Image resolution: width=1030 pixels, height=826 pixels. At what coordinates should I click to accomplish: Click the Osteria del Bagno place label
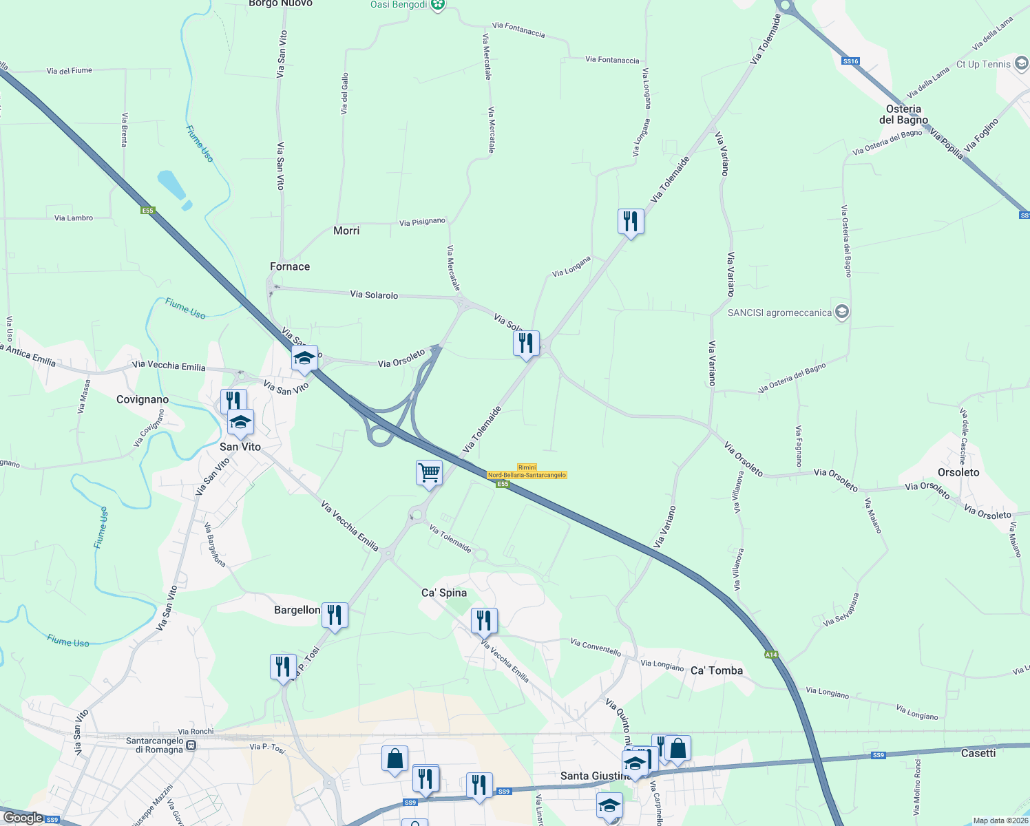click(903, 114)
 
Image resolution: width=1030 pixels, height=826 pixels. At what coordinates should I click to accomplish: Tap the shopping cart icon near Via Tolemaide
click(429, 472)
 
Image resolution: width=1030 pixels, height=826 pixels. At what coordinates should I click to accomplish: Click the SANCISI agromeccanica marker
click(841, 313)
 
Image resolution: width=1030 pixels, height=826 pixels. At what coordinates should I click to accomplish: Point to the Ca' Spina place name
click(444, 593)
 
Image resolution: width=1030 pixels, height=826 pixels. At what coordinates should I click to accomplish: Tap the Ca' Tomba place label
click(716, 670)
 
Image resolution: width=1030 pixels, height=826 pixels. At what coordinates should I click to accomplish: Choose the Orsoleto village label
click(958, 472)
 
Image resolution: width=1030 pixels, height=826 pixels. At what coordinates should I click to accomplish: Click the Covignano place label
click(143, 399)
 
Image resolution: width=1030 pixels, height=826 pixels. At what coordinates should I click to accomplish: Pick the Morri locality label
click(346, 231)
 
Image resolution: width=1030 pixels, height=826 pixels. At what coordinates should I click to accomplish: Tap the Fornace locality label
click(290, 266)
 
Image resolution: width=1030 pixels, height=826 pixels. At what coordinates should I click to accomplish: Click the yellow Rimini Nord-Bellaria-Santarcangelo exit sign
click(527, 472)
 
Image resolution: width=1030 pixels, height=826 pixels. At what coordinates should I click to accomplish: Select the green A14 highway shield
click(771, 655)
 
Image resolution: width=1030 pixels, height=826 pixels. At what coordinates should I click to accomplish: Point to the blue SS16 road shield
click(850, 61)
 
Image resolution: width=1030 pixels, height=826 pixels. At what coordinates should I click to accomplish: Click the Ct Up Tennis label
click(983, 64)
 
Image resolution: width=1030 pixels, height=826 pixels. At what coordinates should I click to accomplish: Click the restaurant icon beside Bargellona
click(335, 614)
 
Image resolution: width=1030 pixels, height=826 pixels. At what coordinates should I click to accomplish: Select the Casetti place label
click(978, 753)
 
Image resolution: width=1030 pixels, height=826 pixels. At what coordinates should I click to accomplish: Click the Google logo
click(23, 818)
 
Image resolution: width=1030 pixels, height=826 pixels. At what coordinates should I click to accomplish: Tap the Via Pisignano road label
click(422, 222)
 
